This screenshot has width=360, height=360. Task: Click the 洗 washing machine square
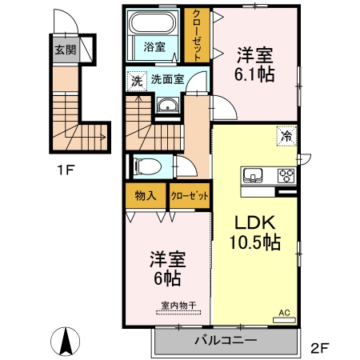136,80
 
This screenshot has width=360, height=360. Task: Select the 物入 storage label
145,195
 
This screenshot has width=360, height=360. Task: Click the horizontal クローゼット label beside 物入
189,195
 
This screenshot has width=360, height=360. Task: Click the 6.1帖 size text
255,76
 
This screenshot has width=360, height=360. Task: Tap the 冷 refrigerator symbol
286,135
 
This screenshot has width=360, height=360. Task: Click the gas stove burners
286,175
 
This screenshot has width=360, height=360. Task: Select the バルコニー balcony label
225,340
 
